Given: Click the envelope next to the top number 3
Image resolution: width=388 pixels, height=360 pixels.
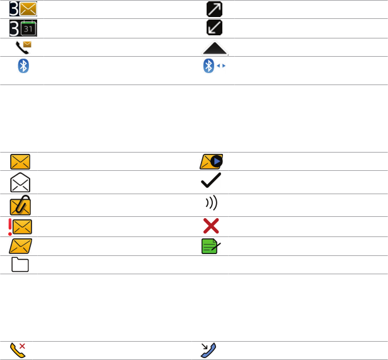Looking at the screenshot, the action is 28,9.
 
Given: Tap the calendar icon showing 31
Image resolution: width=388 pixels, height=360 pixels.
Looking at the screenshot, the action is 28,28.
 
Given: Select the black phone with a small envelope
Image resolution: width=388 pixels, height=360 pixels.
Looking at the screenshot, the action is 23,47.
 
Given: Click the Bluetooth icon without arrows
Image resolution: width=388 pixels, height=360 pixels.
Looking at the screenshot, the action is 23,67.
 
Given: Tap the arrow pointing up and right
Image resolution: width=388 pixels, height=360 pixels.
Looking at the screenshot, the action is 214,9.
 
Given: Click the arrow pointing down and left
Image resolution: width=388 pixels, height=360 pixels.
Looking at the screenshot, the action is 214,28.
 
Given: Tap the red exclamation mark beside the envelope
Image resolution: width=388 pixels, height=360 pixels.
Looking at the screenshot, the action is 10,226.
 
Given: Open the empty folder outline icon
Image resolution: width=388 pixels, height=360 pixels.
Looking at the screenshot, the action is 21,265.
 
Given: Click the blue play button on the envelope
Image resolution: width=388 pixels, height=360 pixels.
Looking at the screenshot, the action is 217,161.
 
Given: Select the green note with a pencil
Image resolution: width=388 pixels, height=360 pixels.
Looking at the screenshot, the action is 212,246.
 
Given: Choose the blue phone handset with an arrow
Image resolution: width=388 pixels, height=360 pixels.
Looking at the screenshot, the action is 208,350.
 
